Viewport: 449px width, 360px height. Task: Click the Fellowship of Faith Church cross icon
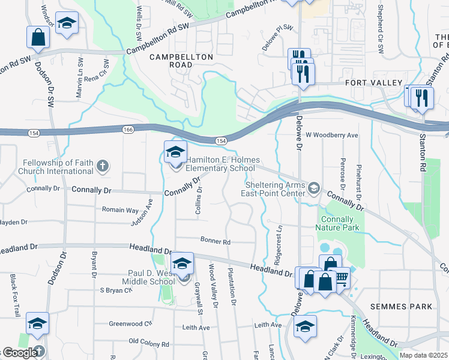click(103, 166)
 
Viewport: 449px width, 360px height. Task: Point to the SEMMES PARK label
click(400, 307)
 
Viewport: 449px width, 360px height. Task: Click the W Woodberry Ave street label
click(332, 136)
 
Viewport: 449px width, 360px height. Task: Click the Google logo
click(20, 353)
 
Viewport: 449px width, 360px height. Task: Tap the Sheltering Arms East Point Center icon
click(313, 189)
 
